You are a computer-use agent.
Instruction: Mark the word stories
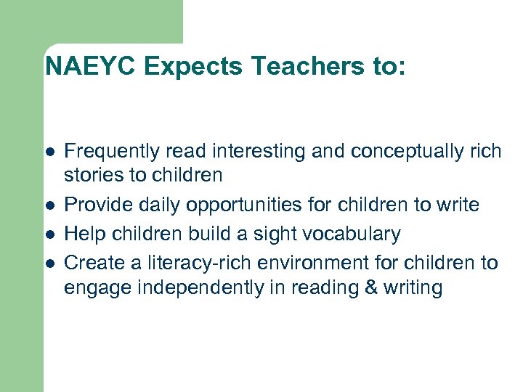[x=87, y=176]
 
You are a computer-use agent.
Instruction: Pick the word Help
[x=81, y=234]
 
